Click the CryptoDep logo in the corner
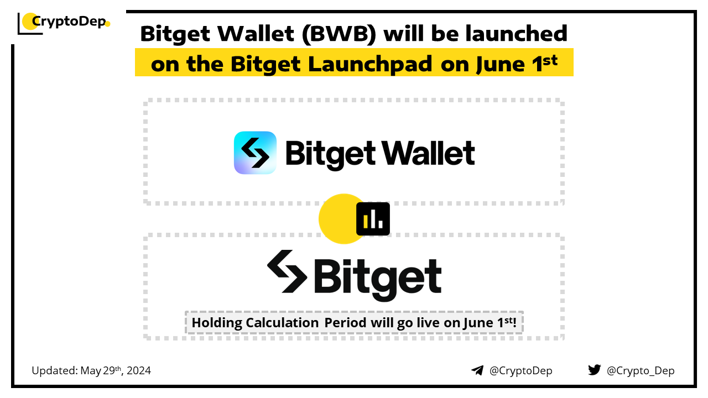click(64, 22)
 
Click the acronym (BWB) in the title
click(339, 34)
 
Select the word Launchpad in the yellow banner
click(370, 65)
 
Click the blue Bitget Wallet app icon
click(255, 153)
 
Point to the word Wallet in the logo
click(428, 153)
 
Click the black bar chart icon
click(373, 219)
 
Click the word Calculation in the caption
click(282, 322)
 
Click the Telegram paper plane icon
click(477, 370)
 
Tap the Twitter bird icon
click(594, 370)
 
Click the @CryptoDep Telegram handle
click(520, 371)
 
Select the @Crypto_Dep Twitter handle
click(641, 371)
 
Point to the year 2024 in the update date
click(139, 370)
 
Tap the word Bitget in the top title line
click(175, 34)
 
